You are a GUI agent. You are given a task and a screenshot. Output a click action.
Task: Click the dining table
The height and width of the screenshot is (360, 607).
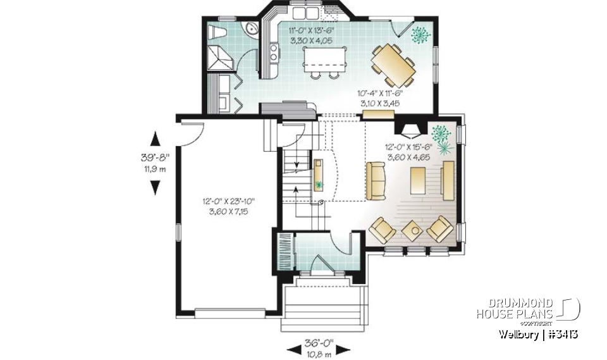pos(392,65)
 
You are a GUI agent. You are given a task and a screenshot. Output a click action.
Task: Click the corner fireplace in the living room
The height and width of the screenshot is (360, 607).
pos(410,130)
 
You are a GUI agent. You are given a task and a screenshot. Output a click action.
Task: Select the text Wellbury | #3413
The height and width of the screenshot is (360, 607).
pos(537,334)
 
